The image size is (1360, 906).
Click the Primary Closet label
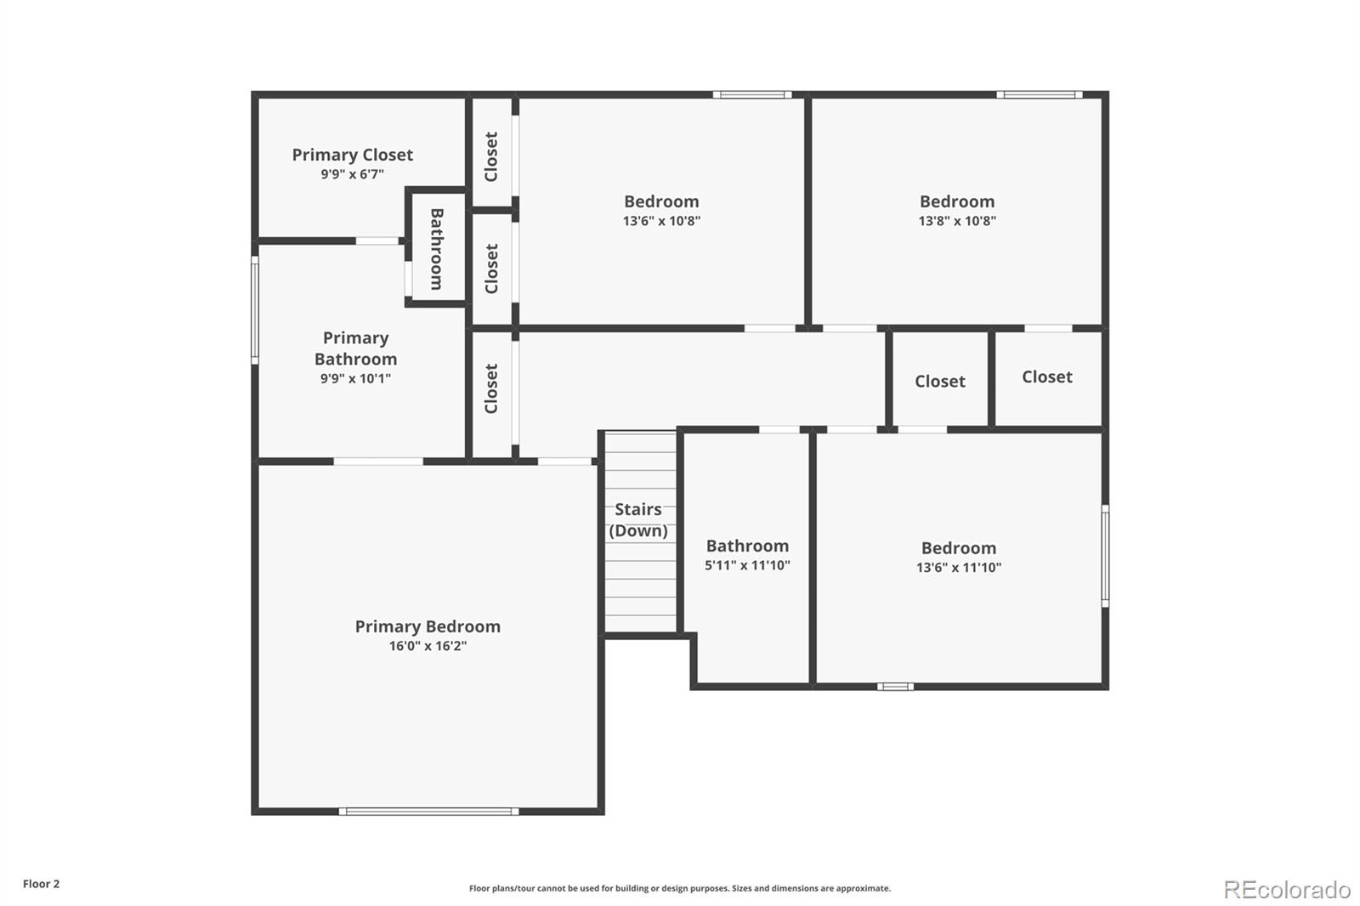(352, 155)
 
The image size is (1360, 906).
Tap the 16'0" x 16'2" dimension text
(428, 646)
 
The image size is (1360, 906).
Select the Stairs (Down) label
(638, 519)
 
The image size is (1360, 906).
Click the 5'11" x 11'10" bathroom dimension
(747, 565)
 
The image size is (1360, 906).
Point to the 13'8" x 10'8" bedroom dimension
(957, 221)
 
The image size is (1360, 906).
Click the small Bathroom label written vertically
(437, 249)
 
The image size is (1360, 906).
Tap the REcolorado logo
(1286, 889)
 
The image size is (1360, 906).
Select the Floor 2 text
(41, 884)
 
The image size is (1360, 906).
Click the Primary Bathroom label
(355, 348)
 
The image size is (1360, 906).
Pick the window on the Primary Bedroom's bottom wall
(428, 812)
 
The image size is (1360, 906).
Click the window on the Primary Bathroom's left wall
(254, 310)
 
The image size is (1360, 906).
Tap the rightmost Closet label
(1046, 377)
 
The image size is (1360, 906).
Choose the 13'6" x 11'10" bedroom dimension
(958, 568)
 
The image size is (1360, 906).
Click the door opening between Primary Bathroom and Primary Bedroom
(378, 461)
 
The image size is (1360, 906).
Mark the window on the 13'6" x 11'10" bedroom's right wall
(1105, 556)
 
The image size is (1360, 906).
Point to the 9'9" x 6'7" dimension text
(352, 174)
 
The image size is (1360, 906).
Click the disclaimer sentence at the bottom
(679, 888)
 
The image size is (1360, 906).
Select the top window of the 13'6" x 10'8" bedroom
(751, 94)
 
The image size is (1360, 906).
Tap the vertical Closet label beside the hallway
(491, 388)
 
